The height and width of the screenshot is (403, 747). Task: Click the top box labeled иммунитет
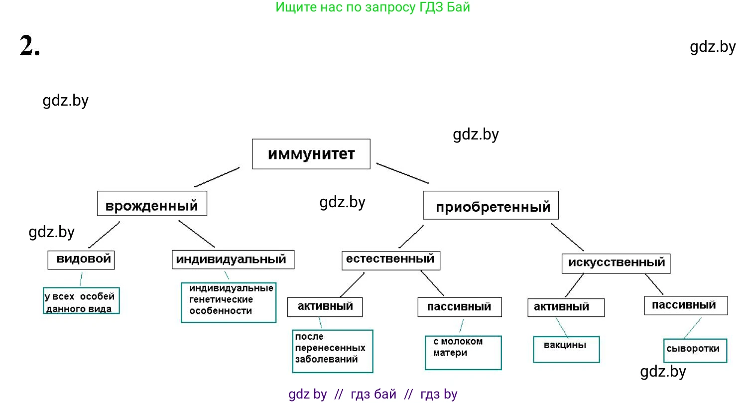(311, 154)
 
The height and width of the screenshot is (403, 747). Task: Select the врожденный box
(152, 204)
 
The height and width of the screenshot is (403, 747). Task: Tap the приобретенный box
(491, 205)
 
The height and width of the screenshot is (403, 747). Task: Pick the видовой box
(81, 259)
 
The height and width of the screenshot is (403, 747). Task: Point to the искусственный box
(616, 263)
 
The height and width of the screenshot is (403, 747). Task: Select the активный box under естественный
(325, 306)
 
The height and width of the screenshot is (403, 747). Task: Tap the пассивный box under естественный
(459, 307)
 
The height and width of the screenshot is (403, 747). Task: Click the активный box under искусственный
(566, 307)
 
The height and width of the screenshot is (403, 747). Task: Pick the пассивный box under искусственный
(686, 305)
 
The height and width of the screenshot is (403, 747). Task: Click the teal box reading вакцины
(567, 349)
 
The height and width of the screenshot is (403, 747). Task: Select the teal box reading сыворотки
(695, 350)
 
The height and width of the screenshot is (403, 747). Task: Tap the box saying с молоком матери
(463, 352)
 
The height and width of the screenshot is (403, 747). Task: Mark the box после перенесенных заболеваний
(332, 351)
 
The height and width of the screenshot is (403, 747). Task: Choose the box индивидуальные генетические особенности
(228, 302)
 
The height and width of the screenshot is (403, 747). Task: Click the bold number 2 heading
(29, 46)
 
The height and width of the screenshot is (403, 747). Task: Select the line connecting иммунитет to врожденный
(217, 177)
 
